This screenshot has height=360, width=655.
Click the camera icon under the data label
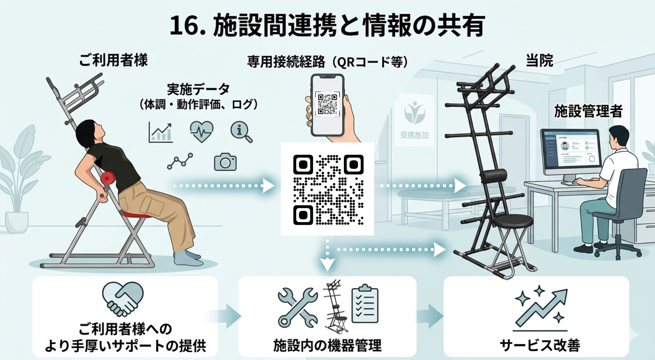point(225,162)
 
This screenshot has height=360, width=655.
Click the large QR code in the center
point(327,189)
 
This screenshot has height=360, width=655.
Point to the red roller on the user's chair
point(109,179)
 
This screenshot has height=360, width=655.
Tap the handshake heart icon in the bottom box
point(123,299)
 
